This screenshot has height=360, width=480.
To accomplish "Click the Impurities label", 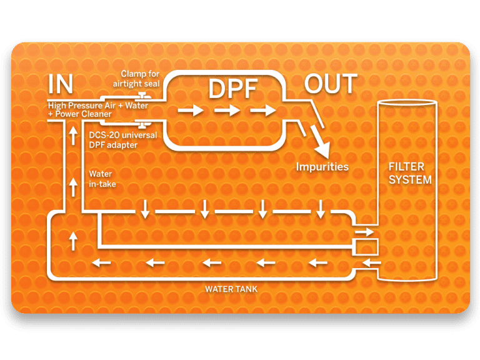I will (322, 167).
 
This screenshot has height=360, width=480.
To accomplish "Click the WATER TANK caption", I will (231, 289).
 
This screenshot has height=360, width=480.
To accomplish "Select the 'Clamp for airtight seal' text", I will (141, 78).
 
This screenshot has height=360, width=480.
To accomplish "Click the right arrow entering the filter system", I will (364, 232).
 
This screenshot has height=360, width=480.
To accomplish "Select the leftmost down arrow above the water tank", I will (145, 209).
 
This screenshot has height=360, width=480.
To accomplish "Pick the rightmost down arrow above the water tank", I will (321, 209).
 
